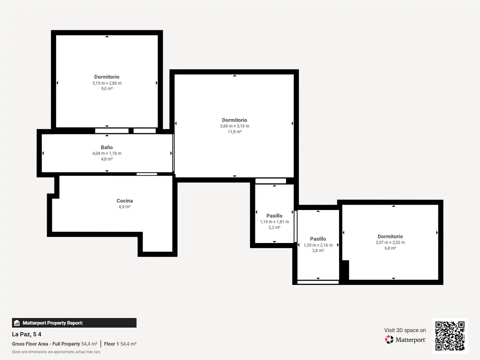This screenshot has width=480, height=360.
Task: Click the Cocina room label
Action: [x=125, y=201]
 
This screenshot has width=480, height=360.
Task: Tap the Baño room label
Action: [x=107, y=147]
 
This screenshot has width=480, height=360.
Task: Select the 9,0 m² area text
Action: [x=107, y=89]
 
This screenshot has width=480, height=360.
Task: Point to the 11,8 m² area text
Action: [x=235, y=132]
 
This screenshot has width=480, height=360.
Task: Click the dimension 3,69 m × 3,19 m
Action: [x=235, y=126]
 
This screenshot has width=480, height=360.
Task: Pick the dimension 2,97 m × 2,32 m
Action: [x=390, y=242]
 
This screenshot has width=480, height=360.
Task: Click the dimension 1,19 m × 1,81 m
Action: [x=274, y=222]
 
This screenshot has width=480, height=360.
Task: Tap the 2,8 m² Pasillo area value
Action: [x=318, y=250]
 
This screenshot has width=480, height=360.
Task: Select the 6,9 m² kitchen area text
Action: [x=125, y=207]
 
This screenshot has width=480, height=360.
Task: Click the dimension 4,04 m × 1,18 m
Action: [x=107, y=153]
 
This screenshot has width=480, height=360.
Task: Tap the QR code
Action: [x=450, y=336]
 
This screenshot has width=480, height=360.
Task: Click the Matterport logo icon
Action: [x=389, y=339]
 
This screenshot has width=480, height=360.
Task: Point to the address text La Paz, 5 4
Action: [x=27, y=334]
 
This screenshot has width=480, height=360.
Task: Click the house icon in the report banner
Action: [x=17, y=323]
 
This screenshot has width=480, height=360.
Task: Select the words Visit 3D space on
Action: [x=405, y=330]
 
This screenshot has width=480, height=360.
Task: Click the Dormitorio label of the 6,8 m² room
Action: [x=390, y=236]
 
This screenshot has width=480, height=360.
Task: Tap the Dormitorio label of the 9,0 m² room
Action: [x=107, y=77]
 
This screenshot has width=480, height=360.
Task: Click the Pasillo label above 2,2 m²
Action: [x=274, y=216]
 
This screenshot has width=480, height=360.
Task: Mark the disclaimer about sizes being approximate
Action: [x=56, y=352]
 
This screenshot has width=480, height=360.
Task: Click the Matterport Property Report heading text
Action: [x=53, y=323]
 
